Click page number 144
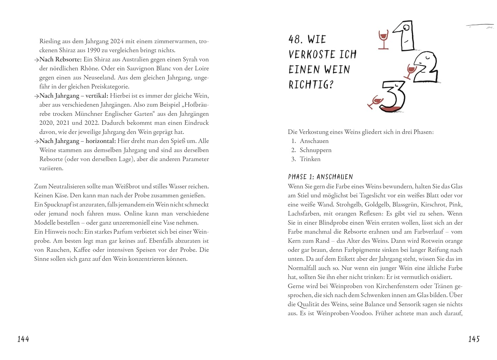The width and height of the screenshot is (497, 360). point(23,339)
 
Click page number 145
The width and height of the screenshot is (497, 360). point(474,339)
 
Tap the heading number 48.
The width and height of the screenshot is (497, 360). point(296,39)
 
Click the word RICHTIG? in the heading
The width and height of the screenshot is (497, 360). point(311,85)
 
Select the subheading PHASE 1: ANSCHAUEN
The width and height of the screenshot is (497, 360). point(320,177)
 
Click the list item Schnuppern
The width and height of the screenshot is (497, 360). point(315,150)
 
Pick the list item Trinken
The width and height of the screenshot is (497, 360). point(310,159)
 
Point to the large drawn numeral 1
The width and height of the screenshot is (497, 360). point(405,36)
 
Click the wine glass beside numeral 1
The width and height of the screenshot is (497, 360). point(383,39)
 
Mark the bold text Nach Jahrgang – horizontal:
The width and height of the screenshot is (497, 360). point(78,141)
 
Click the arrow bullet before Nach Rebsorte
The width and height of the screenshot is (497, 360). point(36,60)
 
